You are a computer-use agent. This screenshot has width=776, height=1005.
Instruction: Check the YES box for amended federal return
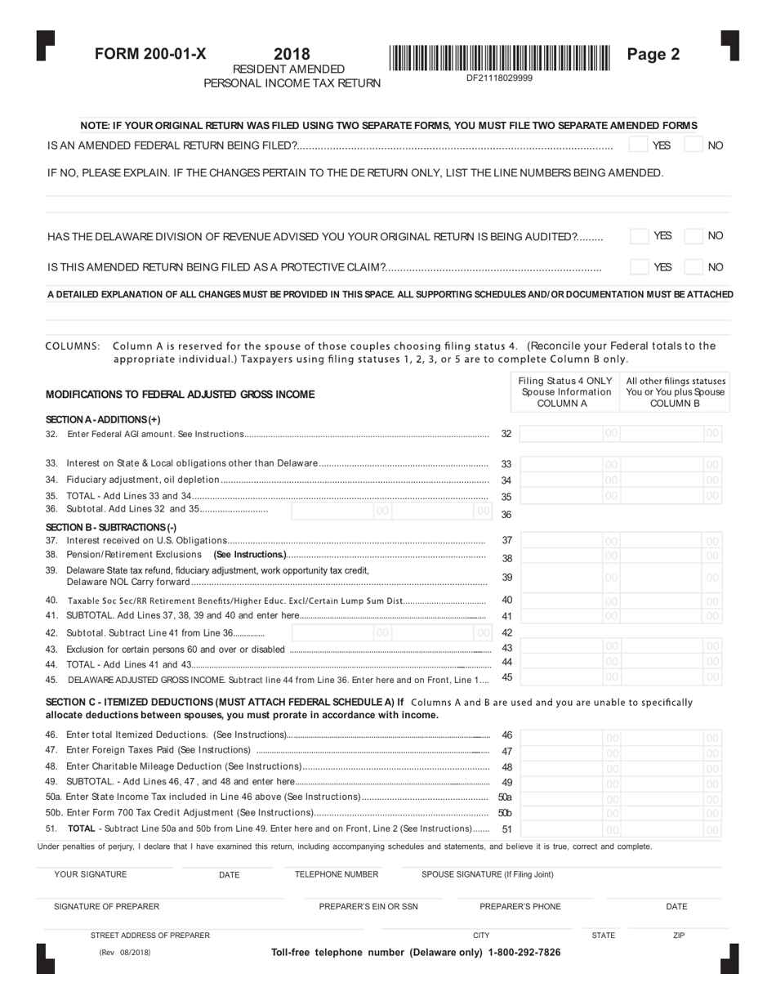638,145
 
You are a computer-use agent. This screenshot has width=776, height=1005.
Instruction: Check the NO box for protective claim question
693,266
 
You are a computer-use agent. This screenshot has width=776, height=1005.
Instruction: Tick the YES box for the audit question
639,236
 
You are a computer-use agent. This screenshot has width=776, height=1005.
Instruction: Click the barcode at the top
499,58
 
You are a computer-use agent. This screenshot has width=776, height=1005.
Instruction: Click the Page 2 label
653,55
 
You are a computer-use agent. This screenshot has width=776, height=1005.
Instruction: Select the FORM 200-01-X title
150,55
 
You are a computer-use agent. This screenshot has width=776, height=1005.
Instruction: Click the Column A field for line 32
569,434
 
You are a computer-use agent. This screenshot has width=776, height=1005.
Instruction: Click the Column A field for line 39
569,577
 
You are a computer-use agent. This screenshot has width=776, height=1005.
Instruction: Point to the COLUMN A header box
564,392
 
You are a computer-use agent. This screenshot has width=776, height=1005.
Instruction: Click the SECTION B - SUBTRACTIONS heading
110,527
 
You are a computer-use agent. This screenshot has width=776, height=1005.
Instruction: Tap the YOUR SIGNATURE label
90,874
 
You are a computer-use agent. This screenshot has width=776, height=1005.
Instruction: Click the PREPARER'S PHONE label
520,906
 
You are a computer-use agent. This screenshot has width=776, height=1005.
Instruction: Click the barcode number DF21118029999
499,78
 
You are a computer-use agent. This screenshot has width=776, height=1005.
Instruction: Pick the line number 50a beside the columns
505,797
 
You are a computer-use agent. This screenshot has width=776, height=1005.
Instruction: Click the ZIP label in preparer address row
679,936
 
